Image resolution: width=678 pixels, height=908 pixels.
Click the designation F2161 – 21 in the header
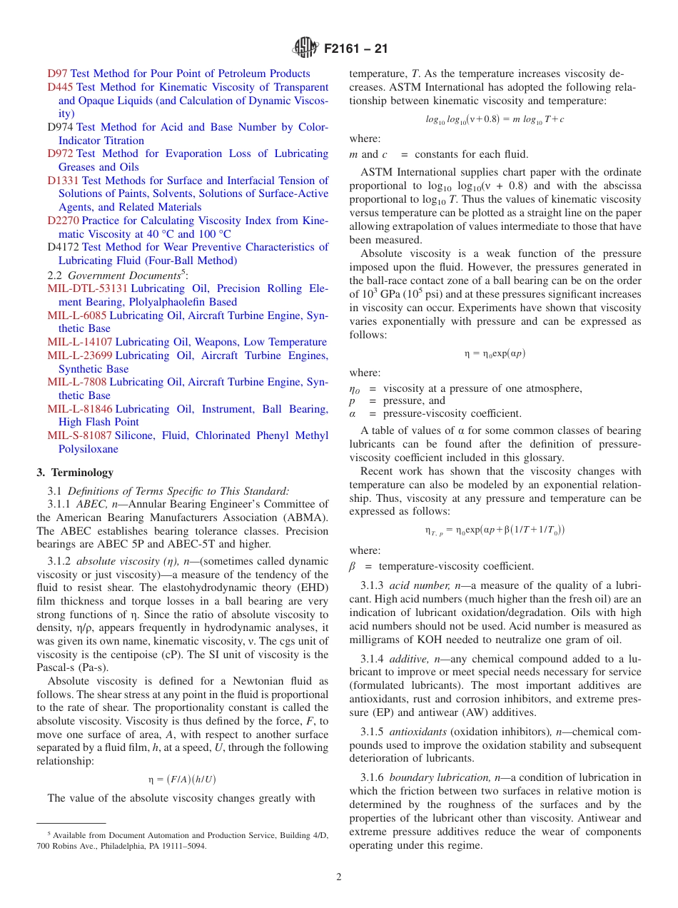point(355,50)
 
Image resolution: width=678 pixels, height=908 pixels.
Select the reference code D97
point(57,74)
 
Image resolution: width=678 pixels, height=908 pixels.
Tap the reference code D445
point(60,87)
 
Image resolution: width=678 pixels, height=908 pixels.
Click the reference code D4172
point(63,247)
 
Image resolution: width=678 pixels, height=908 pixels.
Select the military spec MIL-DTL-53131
point(87,288)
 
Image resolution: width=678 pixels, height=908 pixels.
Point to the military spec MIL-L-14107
point(79,342)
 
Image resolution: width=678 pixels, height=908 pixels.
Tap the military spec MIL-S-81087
point(79,435)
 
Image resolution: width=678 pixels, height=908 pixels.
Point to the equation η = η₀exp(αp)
point(495,353)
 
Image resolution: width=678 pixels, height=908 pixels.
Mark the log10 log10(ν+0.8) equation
point(495,119)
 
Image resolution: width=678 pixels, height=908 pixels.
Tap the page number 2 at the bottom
point(339,877)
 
